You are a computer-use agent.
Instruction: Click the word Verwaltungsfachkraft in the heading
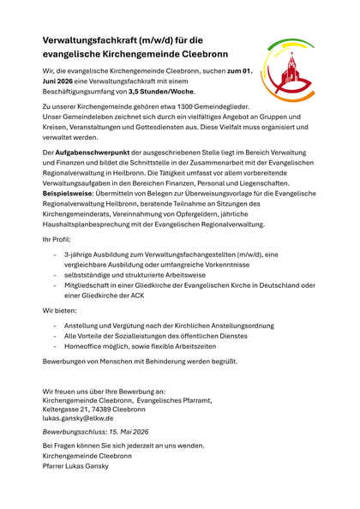click(93, 40)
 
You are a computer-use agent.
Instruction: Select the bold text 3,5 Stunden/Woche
click(164, 91)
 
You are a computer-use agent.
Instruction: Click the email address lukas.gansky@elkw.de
click(77, 419)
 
